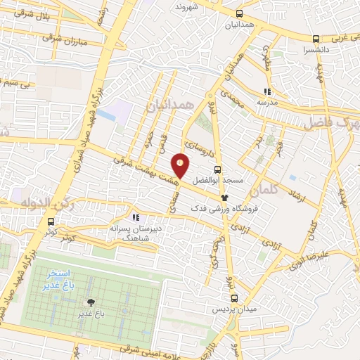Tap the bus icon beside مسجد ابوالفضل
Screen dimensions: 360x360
tap(217, 169)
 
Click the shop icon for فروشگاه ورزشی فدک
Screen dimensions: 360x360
tap(225, 198)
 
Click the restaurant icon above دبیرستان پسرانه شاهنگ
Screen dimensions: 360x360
tap(135, 217)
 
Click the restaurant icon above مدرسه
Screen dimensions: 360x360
tap(266, 91)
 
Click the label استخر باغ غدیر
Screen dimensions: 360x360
tap(53, 276)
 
